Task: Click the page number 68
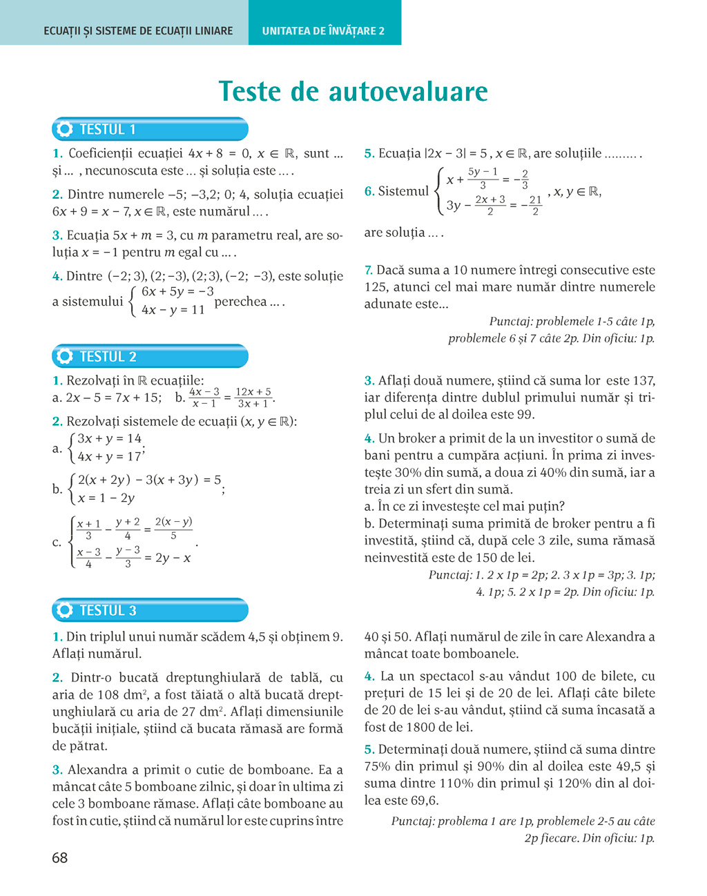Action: point(60,858)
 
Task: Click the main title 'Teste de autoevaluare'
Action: point(353,91)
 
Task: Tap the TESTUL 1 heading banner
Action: point(150,129)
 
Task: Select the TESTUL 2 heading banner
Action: point(150,356)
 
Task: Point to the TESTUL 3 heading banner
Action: point(150,610)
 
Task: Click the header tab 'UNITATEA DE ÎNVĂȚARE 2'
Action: point(323,31)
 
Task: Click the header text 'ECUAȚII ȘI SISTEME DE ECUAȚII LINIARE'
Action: point(138,31)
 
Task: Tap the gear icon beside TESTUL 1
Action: point(65,129)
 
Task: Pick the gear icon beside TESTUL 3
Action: point(65,610)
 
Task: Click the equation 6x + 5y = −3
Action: point(177,292)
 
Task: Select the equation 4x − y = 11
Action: point(173,310)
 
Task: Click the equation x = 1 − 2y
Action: point(106,498)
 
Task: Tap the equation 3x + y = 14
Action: point(109,438)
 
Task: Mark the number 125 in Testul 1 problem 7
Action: point(376,286)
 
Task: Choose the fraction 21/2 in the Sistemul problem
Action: point(535,205)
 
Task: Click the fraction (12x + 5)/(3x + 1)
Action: point(253,398)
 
